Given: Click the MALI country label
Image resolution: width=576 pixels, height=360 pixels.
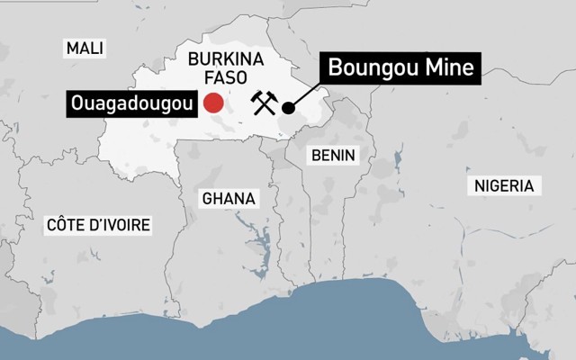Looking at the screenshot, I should (85, 48).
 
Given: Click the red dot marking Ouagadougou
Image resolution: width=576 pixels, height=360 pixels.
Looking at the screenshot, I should (213, 103).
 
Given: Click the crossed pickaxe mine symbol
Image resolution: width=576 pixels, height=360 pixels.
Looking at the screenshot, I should (261, 104).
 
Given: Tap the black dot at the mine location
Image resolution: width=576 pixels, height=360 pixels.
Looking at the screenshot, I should (288, 108).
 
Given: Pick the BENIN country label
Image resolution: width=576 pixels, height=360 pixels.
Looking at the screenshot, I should (332, 155).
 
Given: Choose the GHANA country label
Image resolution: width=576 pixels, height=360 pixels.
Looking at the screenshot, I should (229, 198).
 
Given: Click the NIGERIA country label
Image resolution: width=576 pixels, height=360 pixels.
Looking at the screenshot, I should (503, 186).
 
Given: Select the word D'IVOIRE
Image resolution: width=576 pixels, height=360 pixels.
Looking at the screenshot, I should (120, 224).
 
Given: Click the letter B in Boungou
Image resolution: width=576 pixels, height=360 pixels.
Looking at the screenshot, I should (335, 67).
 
